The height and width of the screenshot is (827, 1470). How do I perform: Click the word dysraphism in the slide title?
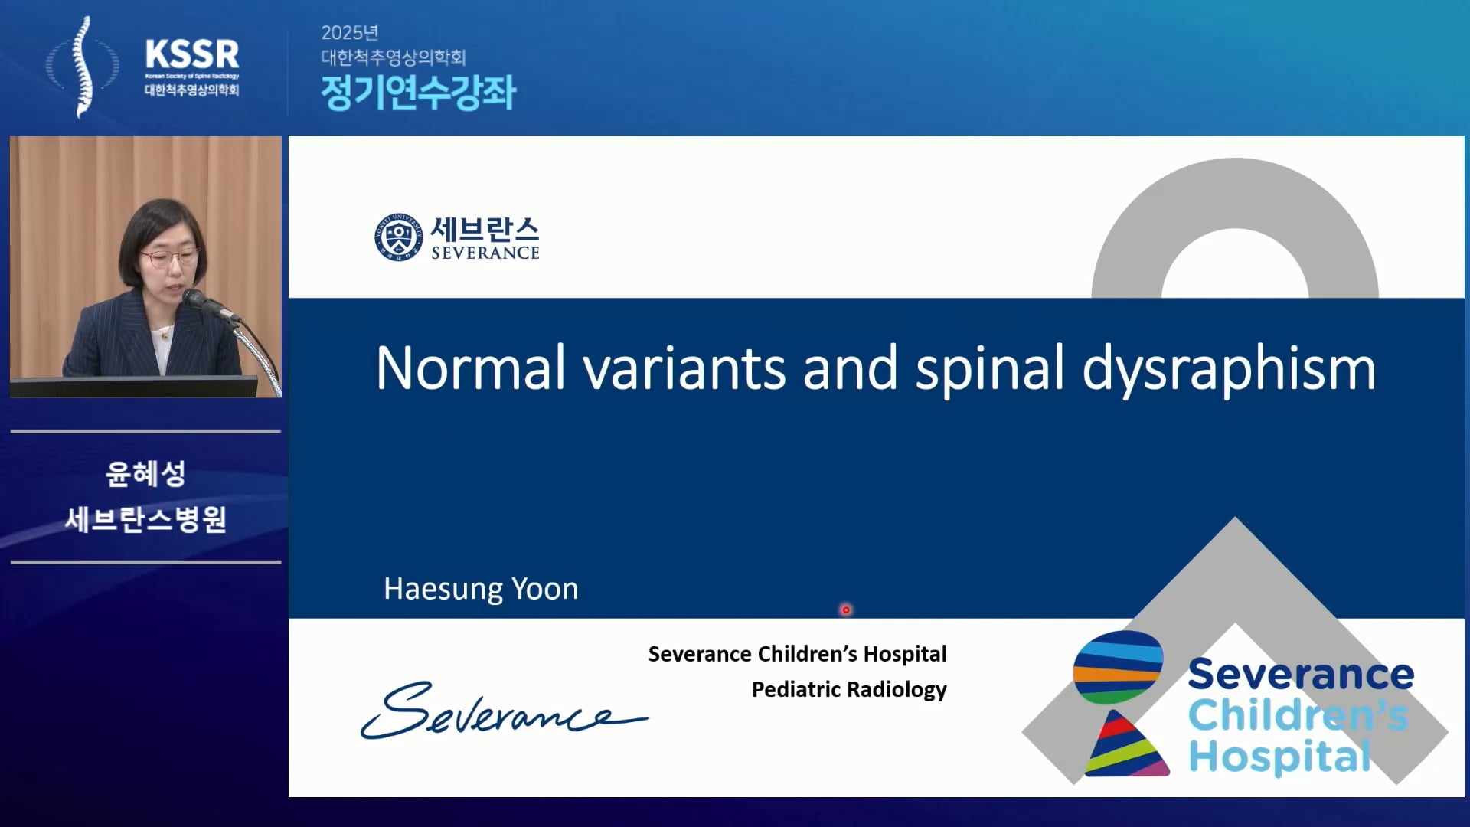point(1229,369)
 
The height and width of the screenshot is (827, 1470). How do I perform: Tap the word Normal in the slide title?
point(470,368)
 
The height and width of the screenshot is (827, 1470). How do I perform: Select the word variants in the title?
point(684,368)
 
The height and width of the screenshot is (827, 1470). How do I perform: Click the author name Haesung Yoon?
point(481,588)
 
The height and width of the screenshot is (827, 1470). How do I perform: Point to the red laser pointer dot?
point(846,610)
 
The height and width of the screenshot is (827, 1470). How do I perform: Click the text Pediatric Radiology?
point(849,689)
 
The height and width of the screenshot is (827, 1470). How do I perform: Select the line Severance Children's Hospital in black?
point(797,654)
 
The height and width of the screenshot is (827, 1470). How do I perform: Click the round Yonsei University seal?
point(398,237)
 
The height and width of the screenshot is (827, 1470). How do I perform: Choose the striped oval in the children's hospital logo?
point(1118,668)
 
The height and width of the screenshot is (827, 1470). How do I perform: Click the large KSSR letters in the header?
point(192,55)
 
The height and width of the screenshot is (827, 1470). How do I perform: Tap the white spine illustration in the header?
point(83,67)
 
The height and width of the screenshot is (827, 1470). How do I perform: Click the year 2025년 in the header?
point(350,32)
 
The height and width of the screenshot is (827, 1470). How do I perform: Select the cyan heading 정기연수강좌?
point(418,93)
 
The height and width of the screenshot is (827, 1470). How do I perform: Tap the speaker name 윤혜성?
point(145,473)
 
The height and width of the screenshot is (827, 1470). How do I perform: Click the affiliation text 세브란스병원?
point(145,519)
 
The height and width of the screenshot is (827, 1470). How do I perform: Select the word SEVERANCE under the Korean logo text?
point(485,253)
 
